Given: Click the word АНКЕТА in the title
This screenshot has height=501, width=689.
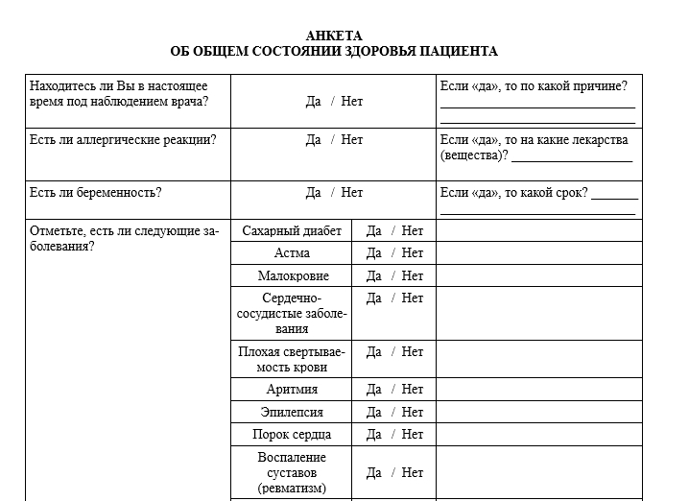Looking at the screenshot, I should [334, 36].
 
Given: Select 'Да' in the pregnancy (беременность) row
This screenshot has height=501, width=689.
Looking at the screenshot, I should [314, 192].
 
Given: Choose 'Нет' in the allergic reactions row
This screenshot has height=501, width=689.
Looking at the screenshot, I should [352, 140].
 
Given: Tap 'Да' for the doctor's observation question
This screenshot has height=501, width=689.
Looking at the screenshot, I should [314, 101].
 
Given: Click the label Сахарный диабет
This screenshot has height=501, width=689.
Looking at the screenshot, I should [292, 230].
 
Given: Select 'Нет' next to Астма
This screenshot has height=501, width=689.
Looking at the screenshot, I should [413, 253].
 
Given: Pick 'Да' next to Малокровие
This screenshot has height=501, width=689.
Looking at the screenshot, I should [374, 275].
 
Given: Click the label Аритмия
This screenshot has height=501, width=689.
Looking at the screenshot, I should [292, 390].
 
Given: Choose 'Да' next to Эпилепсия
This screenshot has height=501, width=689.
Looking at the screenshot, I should [374, 412].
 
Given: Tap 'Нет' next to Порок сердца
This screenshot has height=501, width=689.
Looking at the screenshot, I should [413, 434].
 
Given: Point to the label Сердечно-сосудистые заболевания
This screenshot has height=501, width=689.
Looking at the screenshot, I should [292, 313].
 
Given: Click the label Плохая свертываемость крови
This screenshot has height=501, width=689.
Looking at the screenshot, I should [292, 359].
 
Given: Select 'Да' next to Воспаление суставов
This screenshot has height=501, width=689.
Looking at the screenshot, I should [374, 472].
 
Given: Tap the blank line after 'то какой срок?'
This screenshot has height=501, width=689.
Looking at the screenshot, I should [614, 197].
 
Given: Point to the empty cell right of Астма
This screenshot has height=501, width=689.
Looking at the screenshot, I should [539, 253].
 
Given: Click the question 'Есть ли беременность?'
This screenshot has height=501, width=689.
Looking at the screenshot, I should [96, 192].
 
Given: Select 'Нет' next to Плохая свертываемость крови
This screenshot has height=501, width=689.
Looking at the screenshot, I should [413, 352].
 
